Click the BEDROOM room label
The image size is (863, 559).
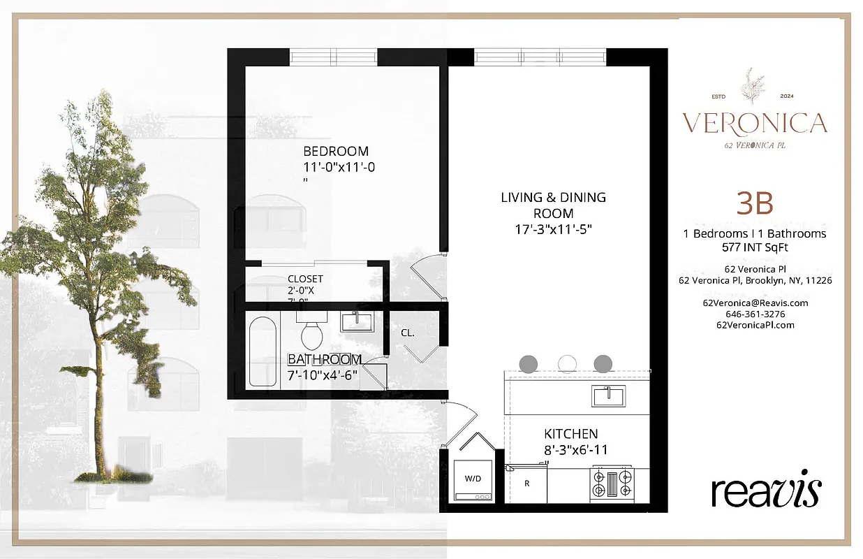click(x=335, y=151)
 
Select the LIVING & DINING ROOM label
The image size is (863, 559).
click(x=553, y=205)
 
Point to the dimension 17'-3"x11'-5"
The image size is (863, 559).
click(x=553, y=229)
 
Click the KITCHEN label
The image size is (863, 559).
click(x=570, y=434)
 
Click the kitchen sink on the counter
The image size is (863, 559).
click(x=609, y=395)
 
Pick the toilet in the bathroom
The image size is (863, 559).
click(x=311, y=333)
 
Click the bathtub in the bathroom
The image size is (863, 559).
click(x=263, y=353)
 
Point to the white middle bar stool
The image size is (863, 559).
click(x=566, y=363)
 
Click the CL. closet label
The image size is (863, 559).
click(x=408, y=333)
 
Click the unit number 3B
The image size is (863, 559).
click(x=755, y=203)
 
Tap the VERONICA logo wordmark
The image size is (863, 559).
click(x=755, y=123)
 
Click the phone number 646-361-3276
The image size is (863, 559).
click(x=755, y=314)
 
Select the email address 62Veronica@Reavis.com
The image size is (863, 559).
click(x=755, y=303)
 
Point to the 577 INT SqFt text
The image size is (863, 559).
click(x=755, y=247)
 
